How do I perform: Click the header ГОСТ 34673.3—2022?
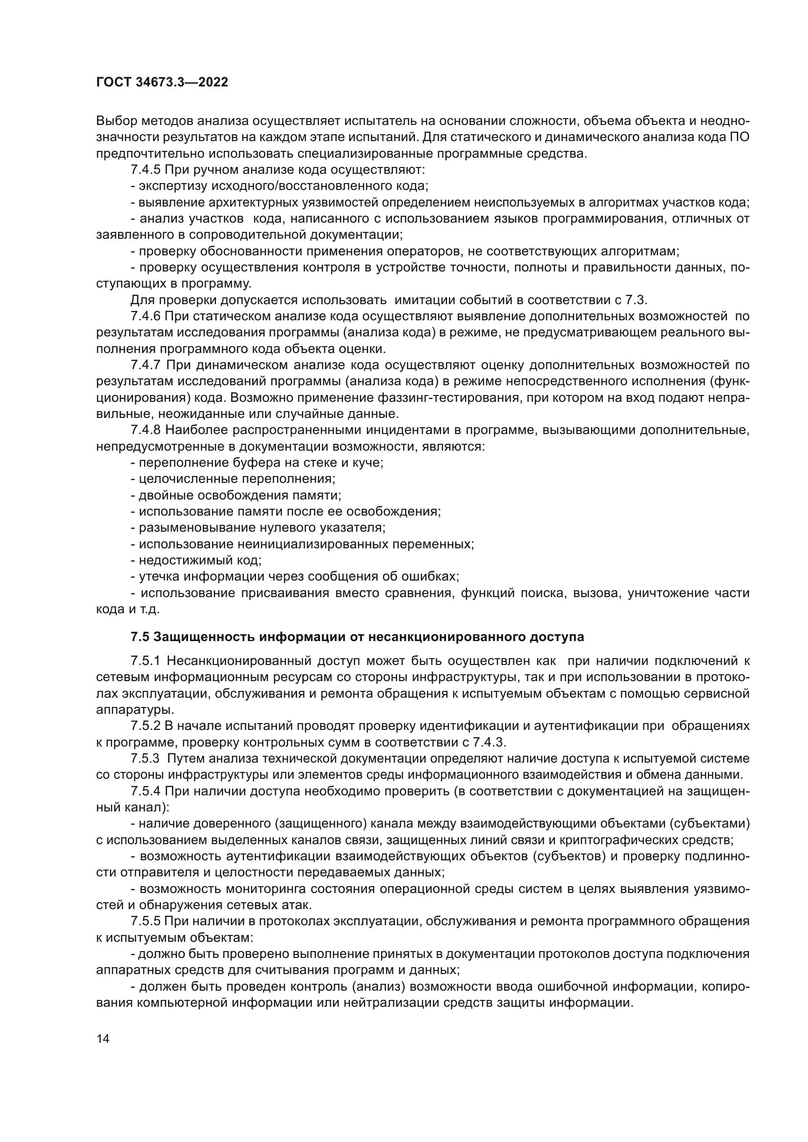click(162, 83)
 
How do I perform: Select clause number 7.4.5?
click(145, 170)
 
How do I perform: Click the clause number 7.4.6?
click(145, 316)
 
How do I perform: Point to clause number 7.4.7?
click(145, 365)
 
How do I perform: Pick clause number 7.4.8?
click(145, 430)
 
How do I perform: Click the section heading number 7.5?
click(140, 637)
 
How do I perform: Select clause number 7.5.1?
click(145, 662)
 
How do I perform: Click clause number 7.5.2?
click(145, 726)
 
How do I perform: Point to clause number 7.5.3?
click(145, 759)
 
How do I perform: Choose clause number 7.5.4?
click(145, 791)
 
